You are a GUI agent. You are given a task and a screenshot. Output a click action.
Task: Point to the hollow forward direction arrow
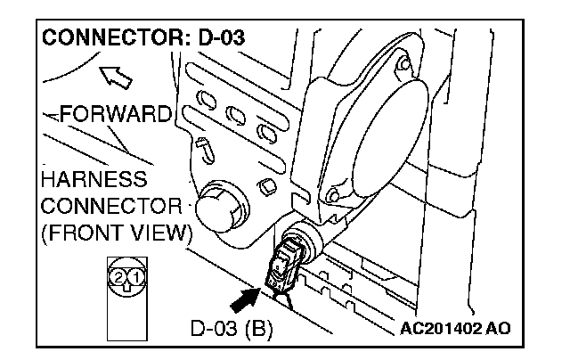pyautogui.click(x=115, y=77)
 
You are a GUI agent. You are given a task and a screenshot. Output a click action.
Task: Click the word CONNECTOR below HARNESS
pyautogui.click(x=105, y=208)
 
